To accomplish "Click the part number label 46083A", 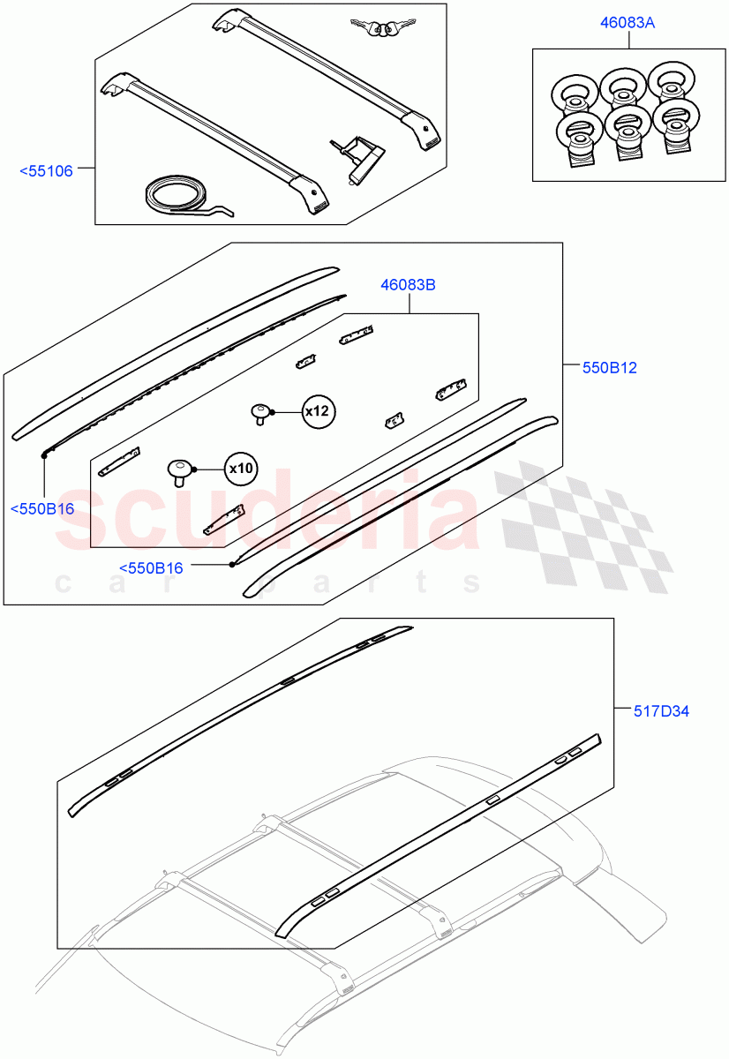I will coord(628,23).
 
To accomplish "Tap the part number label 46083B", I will coord(409,285).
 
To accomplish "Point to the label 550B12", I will coord(608,367).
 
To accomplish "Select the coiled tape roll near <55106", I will coord(181,197).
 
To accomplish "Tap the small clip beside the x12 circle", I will coord(261,412).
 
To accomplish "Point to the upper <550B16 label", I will coord(41,508).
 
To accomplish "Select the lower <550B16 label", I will coord(151,568).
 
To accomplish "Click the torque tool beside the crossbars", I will coord(359,159).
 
